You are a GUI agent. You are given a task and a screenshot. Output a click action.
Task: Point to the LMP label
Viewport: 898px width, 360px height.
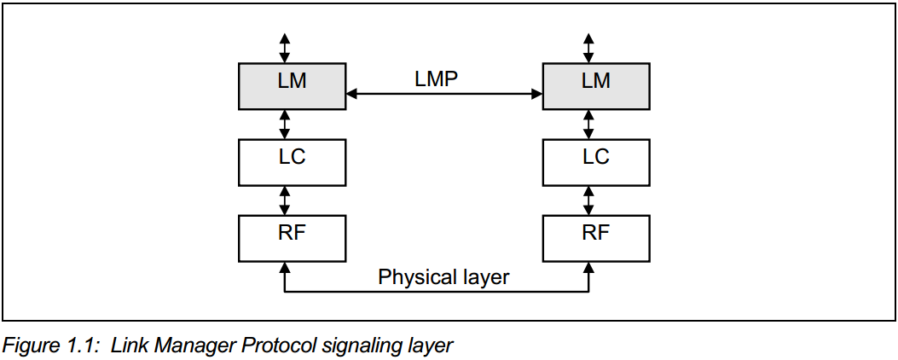click(436, 79)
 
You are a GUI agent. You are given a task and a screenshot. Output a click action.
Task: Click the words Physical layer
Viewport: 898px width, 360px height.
click(443, 277)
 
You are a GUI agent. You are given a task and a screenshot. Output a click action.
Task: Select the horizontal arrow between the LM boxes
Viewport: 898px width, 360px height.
click(443, 95)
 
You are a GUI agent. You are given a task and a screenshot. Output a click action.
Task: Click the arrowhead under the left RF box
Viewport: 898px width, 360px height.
click(285, 269)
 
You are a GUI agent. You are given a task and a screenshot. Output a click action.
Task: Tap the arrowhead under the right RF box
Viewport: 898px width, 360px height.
click(588, 269)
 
